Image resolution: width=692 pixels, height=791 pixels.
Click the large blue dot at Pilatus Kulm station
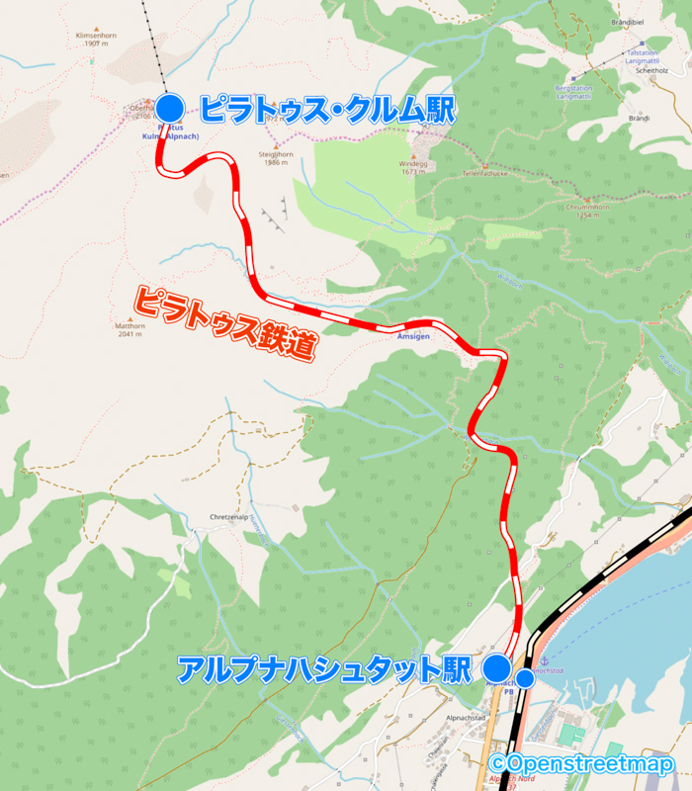tap(170, 108)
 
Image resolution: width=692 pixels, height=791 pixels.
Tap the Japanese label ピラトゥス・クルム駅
tap(326, 109)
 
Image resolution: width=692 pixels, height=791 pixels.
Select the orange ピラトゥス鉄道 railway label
tap(225, 323)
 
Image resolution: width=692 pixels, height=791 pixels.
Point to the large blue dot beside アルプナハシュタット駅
tap(496, 667)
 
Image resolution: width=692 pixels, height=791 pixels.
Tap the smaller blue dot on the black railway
tap(527, 678)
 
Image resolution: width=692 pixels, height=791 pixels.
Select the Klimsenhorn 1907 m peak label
tap(95, 39)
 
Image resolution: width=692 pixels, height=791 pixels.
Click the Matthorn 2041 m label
tap(130, 329)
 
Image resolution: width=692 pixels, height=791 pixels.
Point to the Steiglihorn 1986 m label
tap(278, 158)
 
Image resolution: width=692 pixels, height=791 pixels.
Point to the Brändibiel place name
tap(655, 21)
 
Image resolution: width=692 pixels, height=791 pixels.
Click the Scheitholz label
tap(654, 71)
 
